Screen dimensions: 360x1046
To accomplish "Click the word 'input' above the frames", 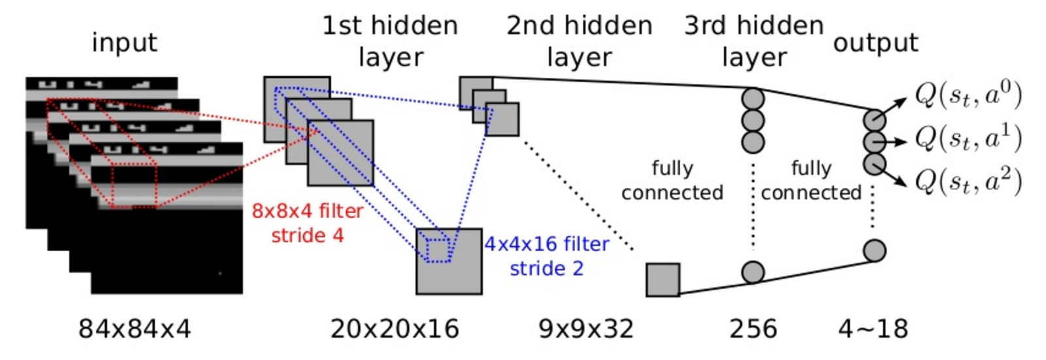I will (124, 43).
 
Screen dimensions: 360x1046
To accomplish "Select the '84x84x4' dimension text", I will (135, 329).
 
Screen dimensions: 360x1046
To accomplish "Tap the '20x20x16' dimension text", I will (395, 329).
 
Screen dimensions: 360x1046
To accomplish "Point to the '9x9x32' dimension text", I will (586, 329).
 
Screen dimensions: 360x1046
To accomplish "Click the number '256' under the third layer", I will (753, 329).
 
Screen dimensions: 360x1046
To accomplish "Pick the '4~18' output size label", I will (874, 329).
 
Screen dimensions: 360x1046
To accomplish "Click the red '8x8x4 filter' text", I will (307, 211).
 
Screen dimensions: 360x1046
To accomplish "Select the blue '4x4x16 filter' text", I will (547, 244).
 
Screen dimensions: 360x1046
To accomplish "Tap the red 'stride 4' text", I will (307, 235).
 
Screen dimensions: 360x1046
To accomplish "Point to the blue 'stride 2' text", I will (547, 269).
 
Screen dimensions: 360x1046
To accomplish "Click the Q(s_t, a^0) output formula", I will (968, 95).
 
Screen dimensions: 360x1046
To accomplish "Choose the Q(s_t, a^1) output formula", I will (968, 138).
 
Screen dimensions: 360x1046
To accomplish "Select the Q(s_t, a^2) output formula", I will (968, 180).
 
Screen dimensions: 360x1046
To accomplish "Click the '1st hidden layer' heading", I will (391, 41).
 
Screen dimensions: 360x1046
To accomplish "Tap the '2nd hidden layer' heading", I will (580, 41).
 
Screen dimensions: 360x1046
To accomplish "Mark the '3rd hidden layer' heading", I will (754, 41).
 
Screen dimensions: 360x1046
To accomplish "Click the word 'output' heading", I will (875, 43).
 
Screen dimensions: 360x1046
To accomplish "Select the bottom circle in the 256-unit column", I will (753, 272).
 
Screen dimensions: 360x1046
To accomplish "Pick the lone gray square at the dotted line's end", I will (663, 280).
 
